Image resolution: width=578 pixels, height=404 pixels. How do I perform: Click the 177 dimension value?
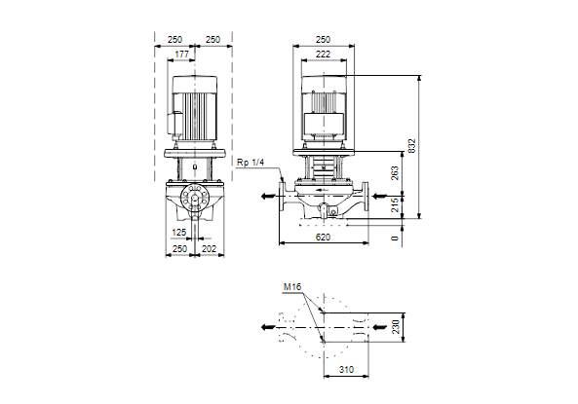tap(181, 55)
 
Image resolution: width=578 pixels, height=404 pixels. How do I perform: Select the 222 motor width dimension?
tap(323, 55)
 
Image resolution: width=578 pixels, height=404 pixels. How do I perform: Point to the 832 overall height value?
tap(412, 146)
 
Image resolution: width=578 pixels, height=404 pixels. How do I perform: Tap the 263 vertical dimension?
tap(395, 173)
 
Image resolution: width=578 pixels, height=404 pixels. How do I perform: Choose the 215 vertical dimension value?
tap(395, 205)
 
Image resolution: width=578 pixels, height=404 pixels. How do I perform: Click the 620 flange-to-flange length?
tap(323, 238)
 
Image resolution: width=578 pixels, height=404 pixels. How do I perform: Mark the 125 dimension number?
tap(179, 233)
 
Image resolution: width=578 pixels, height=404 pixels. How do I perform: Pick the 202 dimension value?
tap(209, 249)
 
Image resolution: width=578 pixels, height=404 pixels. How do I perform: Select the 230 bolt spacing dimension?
tap(396, 327)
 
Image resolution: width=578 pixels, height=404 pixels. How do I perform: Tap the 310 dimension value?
tap(346, 369)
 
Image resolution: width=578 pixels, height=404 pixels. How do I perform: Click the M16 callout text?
tap(292, 286)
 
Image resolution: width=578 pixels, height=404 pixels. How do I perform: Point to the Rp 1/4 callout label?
tap(250, 163)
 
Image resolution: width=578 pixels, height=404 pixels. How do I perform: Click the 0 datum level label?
tap(395, 239)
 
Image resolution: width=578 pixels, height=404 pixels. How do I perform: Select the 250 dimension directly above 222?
tap(323, 39)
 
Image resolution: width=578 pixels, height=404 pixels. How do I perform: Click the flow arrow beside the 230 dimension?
tap(380, 327)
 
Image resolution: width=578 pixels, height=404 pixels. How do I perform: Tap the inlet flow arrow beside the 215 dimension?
tap(380, 196)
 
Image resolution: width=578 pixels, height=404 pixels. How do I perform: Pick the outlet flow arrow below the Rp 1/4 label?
tap(268, 196)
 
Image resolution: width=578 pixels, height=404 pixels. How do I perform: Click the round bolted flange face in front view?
tap(195, 198)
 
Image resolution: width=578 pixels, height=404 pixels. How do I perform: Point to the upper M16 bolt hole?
tap(324, 313)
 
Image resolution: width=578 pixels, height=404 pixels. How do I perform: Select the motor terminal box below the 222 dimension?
tap(324, 123)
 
